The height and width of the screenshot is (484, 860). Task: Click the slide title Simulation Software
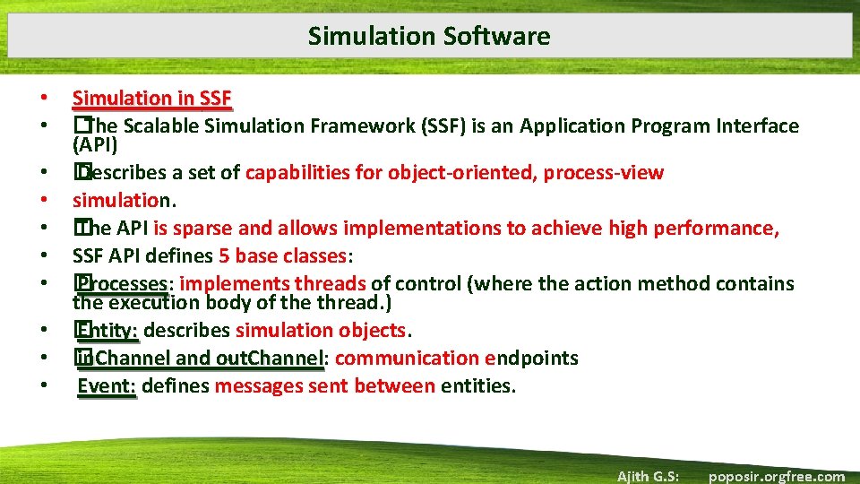[x=429, y=36]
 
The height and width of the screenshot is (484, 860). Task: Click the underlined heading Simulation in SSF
[x=151, y=98]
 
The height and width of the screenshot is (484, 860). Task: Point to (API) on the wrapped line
[x=95, y=144]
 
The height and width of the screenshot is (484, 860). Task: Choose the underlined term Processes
[x=122, y=284]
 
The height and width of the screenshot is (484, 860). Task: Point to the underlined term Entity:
[x=107, y=330]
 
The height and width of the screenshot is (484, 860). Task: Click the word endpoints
[x=531, y=359]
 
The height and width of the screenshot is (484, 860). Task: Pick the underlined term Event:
[x=107, y=386]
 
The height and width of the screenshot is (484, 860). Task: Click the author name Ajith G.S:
[x=648, y=476]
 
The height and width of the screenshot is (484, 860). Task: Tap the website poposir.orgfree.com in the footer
[x=776, y=476]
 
